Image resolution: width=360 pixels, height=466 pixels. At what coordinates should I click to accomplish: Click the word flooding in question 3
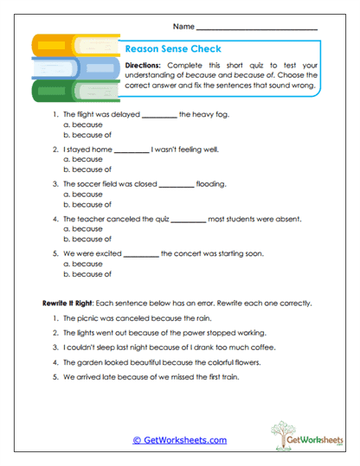(215, 183)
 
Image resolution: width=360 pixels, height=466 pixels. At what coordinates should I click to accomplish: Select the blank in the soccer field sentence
(177, 184)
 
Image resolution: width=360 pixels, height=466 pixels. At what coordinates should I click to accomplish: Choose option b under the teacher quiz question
(87, 239)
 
